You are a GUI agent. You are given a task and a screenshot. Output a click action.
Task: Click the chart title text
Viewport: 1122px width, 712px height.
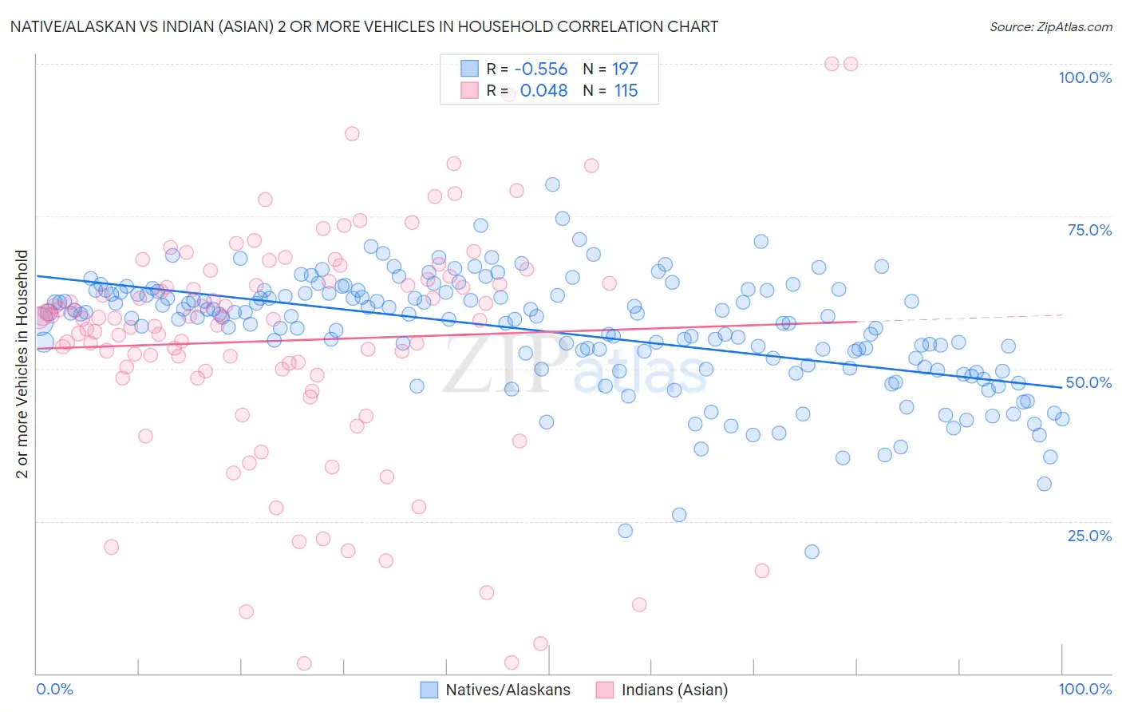click(364, 26)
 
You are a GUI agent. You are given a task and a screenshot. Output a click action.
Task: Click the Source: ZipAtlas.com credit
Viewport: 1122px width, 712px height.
click(1050, 26)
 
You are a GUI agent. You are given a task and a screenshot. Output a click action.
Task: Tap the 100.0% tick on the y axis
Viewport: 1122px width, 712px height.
click(1084, 77)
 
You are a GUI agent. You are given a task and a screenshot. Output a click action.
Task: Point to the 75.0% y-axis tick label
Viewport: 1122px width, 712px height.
click(1089, 230)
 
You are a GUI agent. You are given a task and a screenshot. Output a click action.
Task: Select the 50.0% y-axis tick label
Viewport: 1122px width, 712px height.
click(1088, 382)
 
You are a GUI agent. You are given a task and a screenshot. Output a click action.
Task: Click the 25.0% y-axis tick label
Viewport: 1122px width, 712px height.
click(1089, 535)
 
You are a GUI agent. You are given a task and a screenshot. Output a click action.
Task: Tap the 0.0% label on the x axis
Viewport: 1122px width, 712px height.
click(55, 689)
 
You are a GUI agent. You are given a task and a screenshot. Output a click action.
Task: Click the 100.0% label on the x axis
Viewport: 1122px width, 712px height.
click(1084, 689)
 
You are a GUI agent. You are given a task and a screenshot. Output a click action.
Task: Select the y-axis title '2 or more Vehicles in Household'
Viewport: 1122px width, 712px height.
click(22, 364)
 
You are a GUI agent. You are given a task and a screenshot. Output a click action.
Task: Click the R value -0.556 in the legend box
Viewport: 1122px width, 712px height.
click(540, 69)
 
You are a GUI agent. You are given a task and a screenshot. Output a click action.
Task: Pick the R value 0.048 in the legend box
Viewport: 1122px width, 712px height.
click(543, 91)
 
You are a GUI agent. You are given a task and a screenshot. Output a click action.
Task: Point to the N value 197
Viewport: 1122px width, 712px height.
click(625, 69)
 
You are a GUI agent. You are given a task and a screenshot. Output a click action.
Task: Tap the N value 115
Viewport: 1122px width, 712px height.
click(626, 91)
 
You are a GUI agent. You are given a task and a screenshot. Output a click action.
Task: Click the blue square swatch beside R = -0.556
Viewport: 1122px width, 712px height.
click(469, 69)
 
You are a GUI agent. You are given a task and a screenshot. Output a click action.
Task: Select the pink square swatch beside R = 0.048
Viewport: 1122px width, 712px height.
click(469, 91)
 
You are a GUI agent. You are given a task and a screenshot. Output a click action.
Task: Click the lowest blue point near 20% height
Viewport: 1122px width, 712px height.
click(812, 552)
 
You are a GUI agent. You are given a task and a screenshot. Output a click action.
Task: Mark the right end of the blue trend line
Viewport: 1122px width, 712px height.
click(1061, 386)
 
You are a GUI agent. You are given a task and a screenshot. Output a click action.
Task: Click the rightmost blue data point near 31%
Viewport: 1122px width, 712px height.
click(1044, 484)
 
